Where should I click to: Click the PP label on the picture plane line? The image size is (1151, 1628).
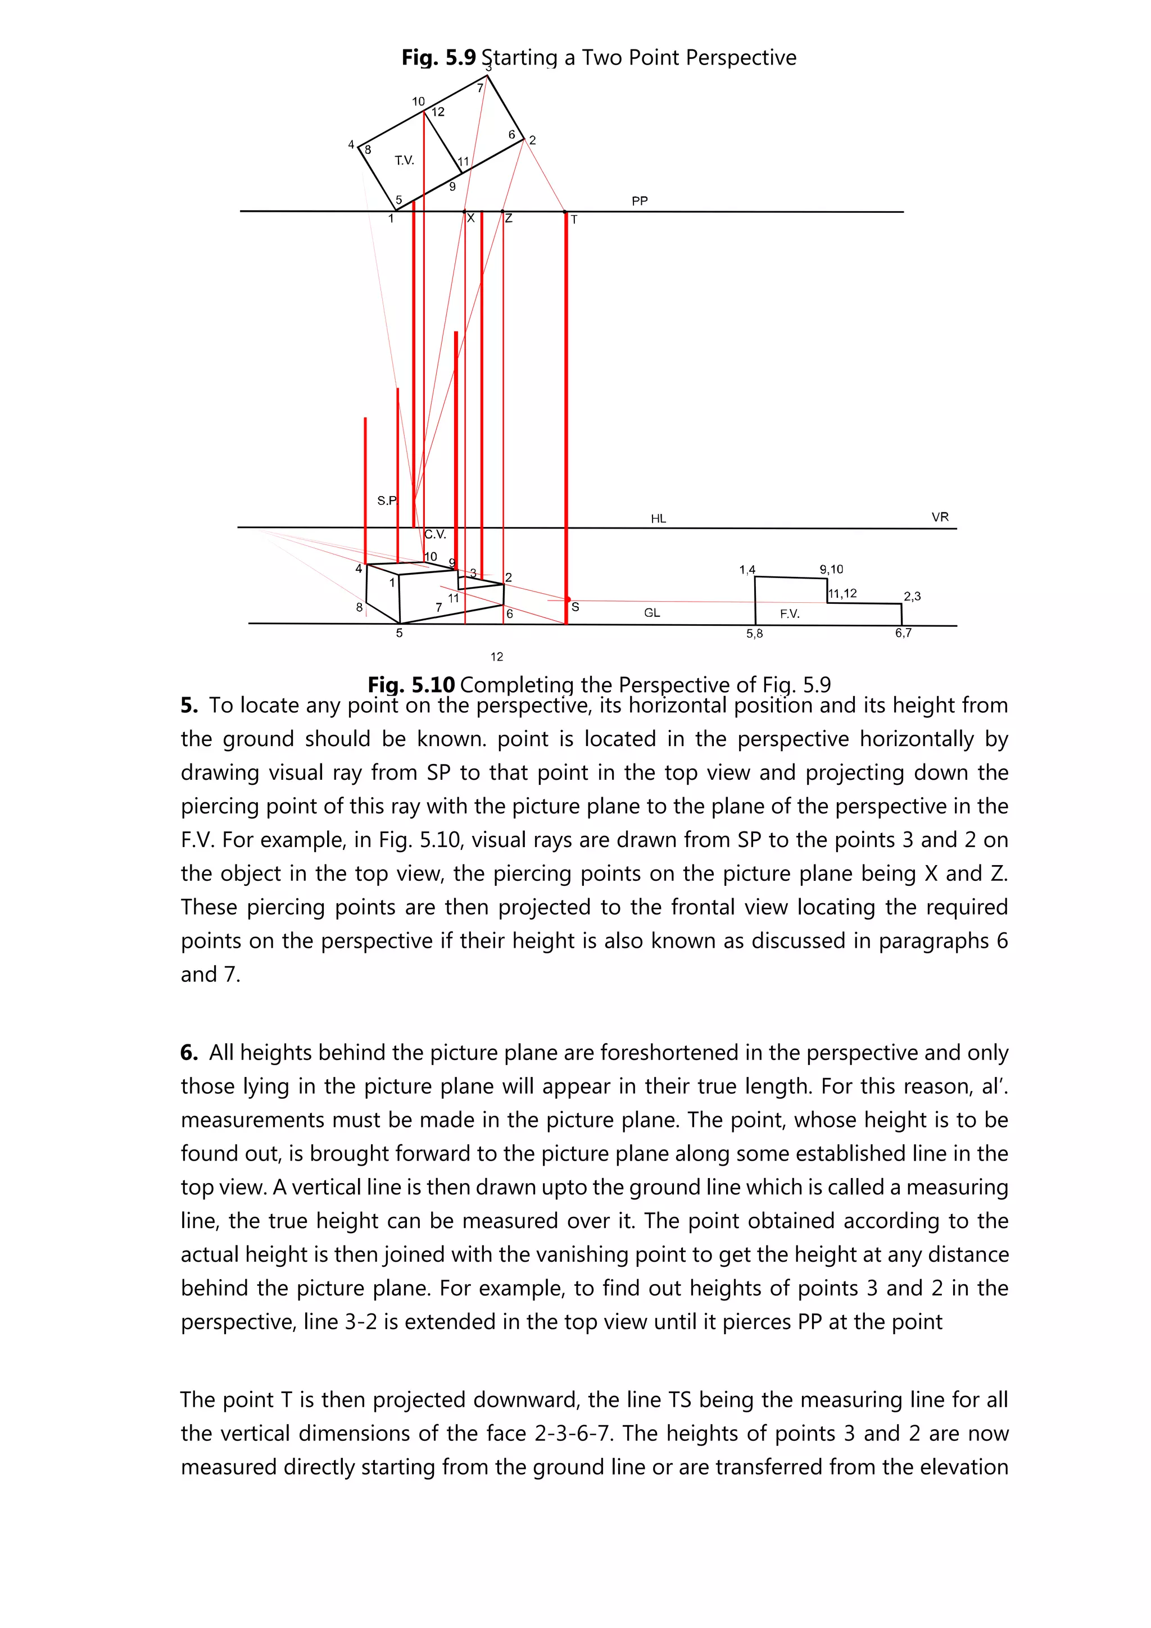pos(639,201)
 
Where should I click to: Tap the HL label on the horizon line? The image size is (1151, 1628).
pos(658,519)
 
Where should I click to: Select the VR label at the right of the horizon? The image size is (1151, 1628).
pos(940,517)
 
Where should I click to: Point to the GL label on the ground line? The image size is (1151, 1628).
pos(652,613)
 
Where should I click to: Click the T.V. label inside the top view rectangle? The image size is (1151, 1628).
pos(404,161)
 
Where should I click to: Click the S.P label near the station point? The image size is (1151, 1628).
pos(387,501)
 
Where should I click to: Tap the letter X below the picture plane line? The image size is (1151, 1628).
pos(470,219)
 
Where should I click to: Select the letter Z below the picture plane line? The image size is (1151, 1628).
pos(509,219)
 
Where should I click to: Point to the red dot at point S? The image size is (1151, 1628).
pos(567,600)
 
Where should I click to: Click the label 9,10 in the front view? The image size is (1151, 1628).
pos(831,570)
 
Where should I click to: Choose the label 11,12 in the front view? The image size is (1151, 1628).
pos(842,593)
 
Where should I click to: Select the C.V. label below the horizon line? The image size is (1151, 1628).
pos(435,535)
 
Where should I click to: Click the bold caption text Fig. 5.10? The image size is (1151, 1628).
pos(411,685)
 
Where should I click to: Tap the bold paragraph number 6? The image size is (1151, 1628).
pos(189,1052)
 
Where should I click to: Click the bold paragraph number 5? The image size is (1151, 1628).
pos(189,706)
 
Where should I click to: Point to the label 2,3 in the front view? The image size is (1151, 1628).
pos(912,597)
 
